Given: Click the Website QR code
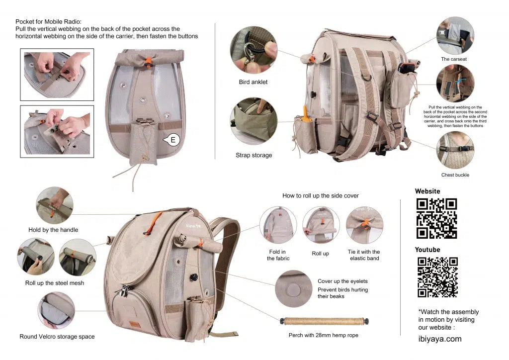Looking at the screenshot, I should [436, 218].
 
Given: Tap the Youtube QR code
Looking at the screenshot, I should [437, 277].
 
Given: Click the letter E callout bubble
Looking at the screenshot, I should [172, 140].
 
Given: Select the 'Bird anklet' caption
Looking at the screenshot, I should [253, 82].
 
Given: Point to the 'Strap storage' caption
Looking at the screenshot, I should [254, 155].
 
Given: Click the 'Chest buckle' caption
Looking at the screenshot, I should [455, 175].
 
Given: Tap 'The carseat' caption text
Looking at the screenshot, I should [454, 59].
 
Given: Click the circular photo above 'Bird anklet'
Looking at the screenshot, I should [253, 50].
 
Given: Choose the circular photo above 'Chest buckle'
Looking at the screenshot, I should [455, 150].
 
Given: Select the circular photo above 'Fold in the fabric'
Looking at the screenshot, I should [278, 225].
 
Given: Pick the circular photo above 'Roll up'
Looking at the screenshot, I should [321, 225].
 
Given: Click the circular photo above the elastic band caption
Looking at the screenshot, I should [364, 225].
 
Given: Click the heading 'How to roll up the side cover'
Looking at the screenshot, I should [320, 196].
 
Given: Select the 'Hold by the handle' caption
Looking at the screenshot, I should [53, 230].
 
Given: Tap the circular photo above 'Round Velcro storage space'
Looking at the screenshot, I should [56, 310].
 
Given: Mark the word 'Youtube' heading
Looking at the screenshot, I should [427, 250].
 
